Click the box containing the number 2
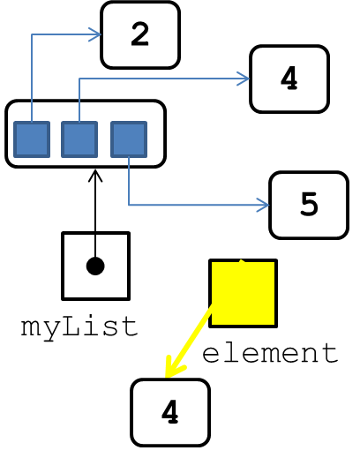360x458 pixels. pos(140,35)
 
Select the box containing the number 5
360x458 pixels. pos(309,205)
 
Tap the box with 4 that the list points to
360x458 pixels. pos(289,79)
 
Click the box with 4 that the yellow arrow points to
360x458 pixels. pos(170,413)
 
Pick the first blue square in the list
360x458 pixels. pos(32,139)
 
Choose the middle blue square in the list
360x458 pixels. pos(79,139)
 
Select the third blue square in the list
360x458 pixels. pos(129,139)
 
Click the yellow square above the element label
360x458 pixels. pos(243,293)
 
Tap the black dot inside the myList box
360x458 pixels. pos(95,267)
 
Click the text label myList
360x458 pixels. pos(79,327)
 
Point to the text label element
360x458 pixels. pos(270,353)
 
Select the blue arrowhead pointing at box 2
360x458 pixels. pos(95,34)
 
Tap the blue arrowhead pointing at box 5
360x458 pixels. pos(263,205)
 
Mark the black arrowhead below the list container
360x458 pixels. pos(95,176)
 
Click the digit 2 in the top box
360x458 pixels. pos(140,34)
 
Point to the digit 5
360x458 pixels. pos(309,205)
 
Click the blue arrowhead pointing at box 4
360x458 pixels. pos(244,79)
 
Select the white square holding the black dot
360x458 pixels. pos(95,267)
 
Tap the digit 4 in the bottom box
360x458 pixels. pos(170,412)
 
